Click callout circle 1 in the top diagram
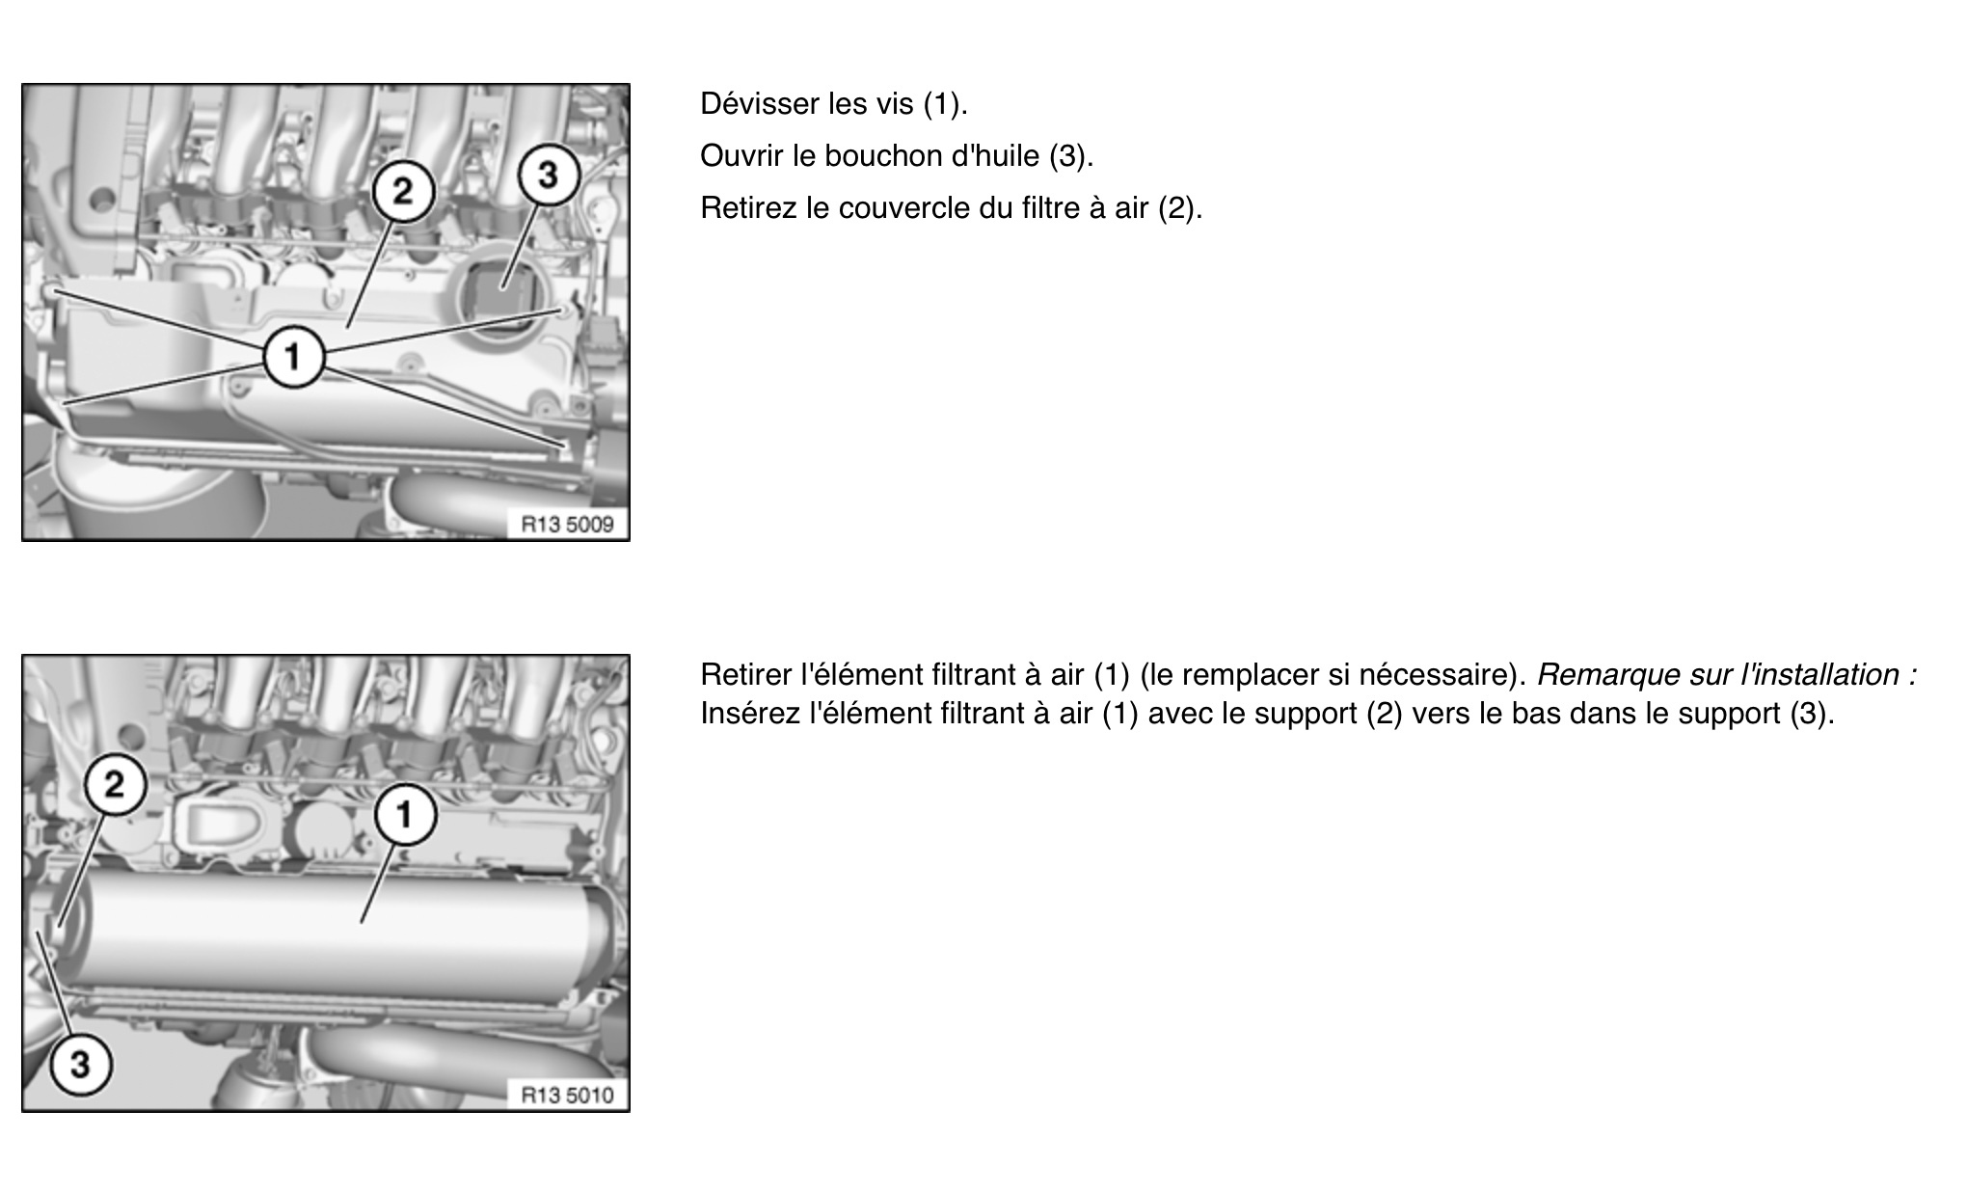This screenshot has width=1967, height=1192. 293,358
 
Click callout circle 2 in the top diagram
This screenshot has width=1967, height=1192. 404,191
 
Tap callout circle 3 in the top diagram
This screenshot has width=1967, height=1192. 548,176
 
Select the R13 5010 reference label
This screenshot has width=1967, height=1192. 567,1095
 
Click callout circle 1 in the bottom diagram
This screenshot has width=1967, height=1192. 405,815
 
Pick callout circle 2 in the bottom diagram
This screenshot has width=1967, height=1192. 115,784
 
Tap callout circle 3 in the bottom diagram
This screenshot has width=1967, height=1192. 80,1065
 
